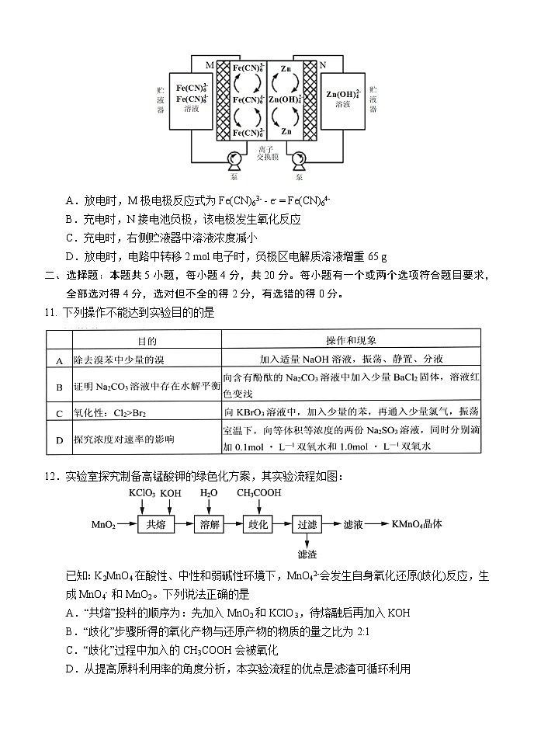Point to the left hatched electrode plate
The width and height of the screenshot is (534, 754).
pos(224,101)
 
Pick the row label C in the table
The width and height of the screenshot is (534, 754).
pos(59,412)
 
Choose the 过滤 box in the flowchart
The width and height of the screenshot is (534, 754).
pos(307,525)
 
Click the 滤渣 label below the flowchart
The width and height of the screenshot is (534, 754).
pos(307,554)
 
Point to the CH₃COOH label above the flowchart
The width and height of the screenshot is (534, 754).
pos(258,492)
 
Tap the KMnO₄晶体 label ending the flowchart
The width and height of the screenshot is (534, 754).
pos(418,524)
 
